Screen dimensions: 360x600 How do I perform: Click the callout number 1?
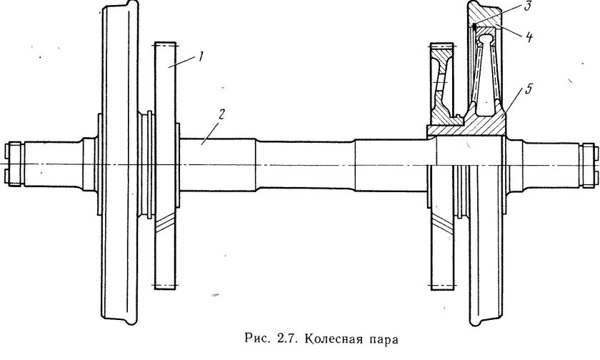coord(202,56)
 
